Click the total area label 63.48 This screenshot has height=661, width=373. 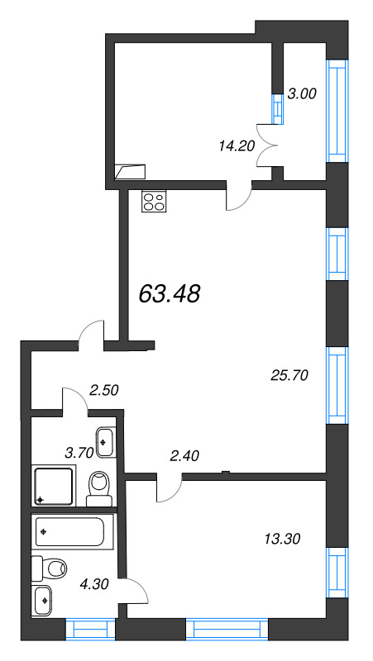click(169, 293)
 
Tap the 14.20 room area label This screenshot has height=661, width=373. click(237, 146)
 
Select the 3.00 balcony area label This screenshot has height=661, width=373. click(301, 93)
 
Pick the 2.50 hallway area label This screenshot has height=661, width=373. click(104, 390)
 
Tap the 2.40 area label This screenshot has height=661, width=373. click(184, 455)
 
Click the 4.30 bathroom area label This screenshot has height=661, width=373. click(95, 584)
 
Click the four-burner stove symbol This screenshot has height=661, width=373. click(154, 201)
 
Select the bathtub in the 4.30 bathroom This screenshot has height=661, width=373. click(72, 531)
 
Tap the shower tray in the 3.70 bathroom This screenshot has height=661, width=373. click(54, 485)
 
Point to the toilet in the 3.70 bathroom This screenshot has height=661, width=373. click(99, 488)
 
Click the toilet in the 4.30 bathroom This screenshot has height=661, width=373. click(50, 568)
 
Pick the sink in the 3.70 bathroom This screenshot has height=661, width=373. click(105, 442)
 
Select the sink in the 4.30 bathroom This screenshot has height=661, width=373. click(43, 601)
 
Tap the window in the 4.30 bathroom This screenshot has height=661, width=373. click(91, 630)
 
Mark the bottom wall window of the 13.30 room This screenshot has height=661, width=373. click(227, 630)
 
